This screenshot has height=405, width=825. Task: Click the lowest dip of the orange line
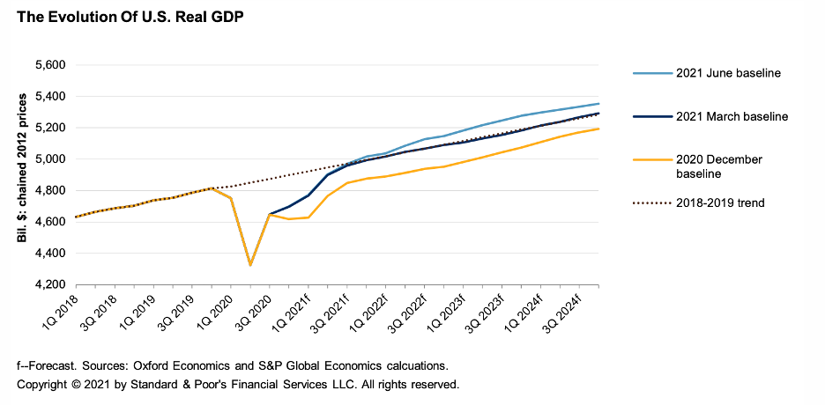point(250,265)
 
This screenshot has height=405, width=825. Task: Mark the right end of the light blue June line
point(599,104)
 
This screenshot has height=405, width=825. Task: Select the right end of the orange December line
point(599,129)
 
